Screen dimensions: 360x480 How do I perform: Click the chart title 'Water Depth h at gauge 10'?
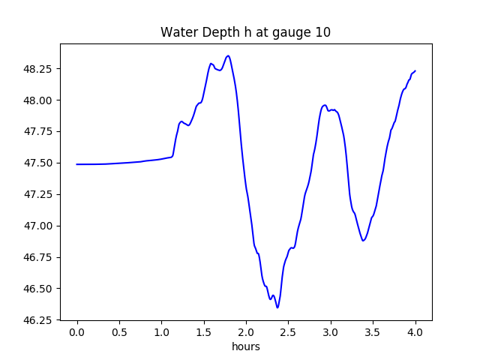click(x=245, y=32)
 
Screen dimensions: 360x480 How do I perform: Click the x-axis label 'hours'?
click(x=245, y=347)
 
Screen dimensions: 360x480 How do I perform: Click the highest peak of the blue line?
click(x=228, y=55)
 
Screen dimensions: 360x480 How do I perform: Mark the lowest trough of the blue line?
click(x=277, y=307)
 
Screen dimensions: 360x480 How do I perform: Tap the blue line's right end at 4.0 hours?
click(x=415, y=71)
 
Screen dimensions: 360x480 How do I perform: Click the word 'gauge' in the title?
click(x=289, y=33)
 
